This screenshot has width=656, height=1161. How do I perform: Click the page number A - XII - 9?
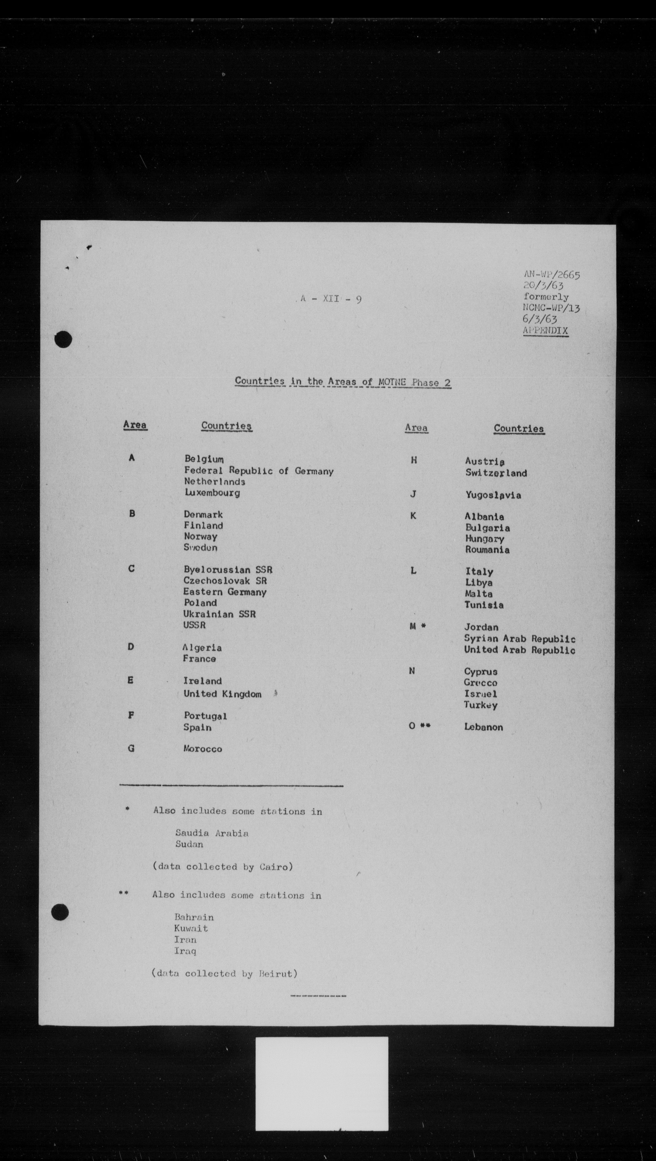331,299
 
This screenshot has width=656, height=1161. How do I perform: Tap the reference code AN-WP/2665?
552,275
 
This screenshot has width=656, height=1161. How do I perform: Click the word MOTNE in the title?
392,382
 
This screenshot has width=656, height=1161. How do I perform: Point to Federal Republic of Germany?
259,471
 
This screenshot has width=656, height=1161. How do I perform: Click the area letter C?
131,569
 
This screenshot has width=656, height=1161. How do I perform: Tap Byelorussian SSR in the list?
228,570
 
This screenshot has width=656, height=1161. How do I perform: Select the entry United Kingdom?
222,694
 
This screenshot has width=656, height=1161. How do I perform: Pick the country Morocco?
202,749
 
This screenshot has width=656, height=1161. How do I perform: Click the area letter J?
413,494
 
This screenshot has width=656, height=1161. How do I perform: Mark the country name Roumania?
487,550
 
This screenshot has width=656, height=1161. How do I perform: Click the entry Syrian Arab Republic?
519,639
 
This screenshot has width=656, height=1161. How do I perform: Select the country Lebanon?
483,727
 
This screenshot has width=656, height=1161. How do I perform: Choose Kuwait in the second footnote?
191,929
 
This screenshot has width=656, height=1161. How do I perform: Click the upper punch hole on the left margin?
63,339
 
